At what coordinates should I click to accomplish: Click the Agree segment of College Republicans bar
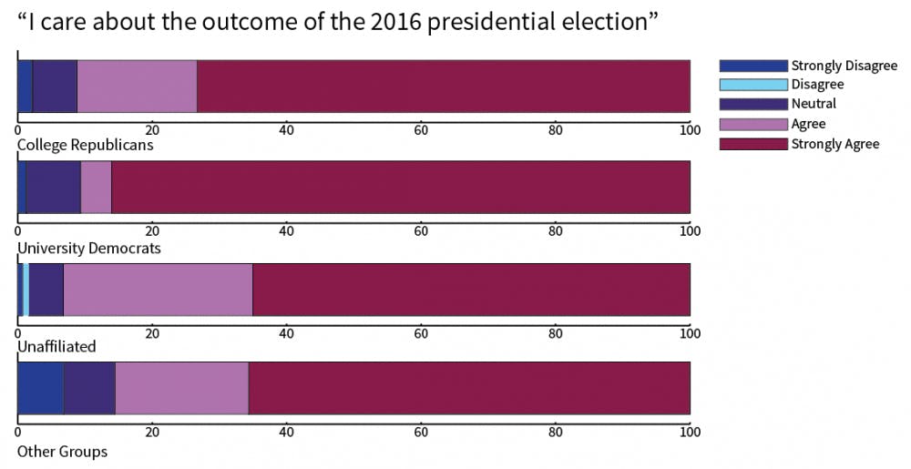[137, 87]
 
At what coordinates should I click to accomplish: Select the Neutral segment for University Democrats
[53, 188]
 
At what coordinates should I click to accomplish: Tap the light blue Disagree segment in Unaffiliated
[26, 290]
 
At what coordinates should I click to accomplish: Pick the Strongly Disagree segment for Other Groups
[40, 388]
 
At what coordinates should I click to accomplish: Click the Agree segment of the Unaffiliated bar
[158, 290]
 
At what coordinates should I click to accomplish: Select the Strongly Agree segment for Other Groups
[469, 388]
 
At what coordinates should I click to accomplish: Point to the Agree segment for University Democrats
[96, 188]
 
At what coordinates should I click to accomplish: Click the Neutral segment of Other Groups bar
[89, 388]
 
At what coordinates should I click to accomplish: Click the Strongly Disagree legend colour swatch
[752, 66]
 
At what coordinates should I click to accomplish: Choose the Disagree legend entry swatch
[752, 85]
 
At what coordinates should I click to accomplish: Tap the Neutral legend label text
[814, 104]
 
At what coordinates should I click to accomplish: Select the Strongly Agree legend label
[834, 144]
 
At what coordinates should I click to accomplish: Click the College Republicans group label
[86, 145]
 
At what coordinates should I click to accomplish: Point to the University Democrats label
[89, 248]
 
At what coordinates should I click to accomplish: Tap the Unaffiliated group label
[56, 347]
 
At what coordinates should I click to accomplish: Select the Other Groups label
[62, 452]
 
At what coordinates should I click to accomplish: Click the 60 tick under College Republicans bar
[421, 129]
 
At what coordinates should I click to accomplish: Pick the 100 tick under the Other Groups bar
[690, 432]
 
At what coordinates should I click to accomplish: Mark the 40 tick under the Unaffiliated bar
[287, 332]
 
